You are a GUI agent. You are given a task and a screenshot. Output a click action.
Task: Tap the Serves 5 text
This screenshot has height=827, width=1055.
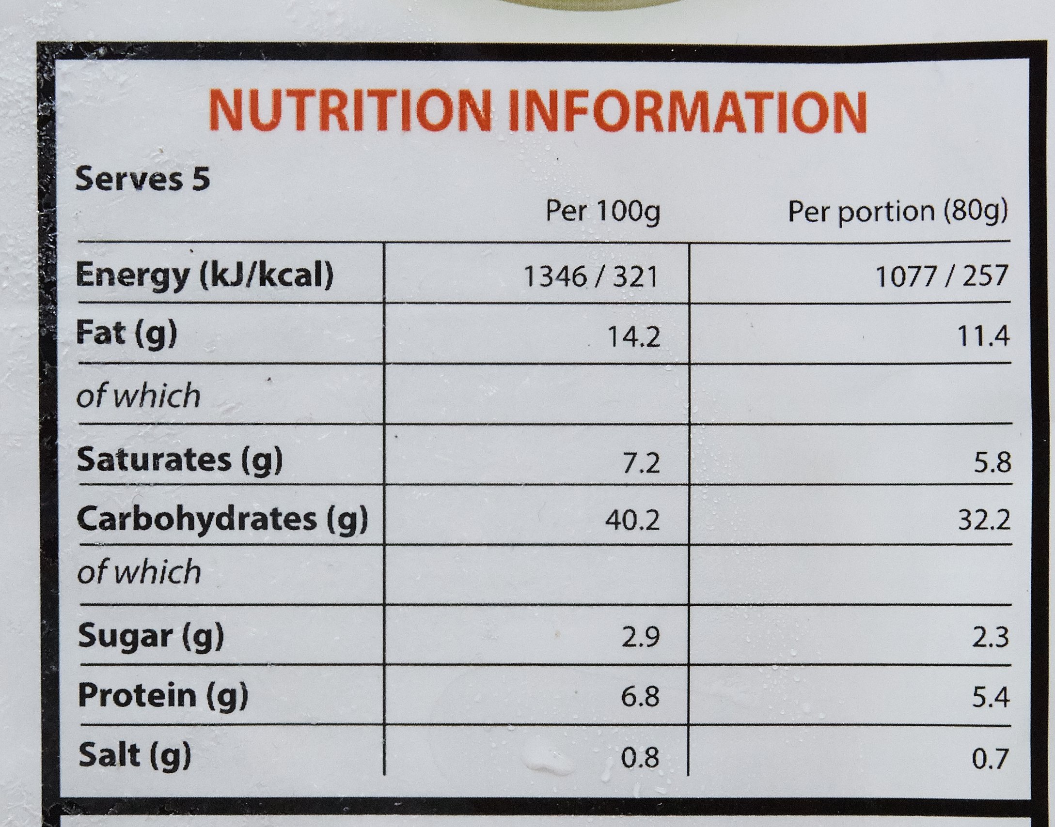[x=142, y=180]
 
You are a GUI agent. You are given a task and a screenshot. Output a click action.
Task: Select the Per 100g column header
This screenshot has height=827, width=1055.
[x=602, y=212]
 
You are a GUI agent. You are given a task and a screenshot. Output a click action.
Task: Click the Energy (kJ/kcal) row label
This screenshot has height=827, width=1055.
[x=205, y=276]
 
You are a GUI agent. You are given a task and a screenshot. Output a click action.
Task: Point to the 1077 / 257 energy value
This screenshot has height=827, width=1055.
[x=942, y=276]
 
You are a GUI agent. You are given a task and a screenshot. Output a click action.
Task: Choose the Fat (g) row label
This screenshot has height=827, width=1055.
[x=127, y=335]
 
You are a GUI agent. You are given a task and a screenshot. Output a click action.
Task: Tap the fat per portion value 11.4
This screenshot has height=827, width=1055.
[x=986, y=337]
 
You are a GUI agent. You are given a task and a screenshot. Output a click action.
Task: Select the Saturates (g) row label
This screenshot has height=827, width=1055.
[x=180, y=459]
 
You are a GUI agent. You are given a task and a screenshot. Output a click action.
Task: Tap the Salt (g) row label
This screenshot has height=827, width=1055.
[x=135, y=755]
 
